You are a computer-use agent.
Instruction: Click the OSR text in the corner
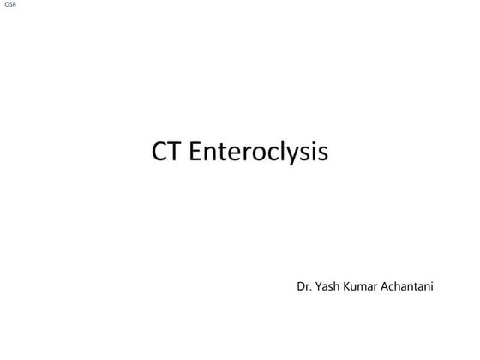[9, 5]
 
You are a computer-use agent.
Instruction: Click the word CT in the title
[167, 153]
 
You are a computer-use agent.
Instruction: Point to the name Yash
[329, 285]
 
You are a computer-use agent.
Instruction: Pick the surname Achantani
[411, 285]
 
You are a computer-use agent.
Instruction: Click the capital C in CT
[160, 153]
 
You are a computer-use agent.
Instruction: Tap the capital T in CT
[175, 153]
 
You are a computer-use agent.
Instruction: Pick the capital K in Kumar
[350, 285]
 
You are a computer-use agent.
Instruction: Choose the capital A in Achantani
[391, 285]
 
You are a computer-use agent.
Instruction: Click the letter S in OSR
[9, 5]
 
